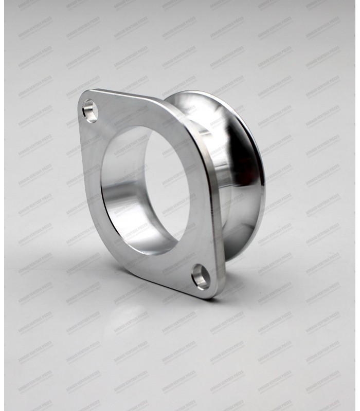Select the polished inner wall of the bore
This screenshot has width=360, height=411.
tap(123, 216)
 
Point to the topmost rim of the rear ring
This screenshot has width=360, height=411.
tap(201, 92)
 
